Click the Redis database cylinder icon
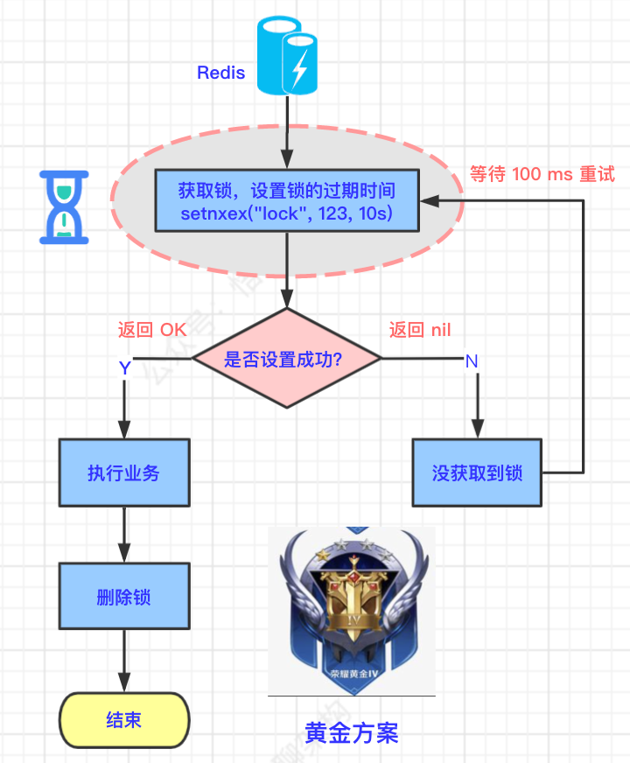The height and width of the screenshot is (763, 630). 287,57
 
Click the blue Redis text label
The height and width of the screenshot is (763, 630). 220,73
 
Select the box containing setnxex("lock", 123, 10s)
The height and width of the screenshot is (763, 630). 286,200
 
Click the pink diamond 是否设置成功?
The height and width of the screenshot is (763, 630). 287,358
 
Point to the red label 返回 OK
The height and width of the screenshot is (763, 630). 152,330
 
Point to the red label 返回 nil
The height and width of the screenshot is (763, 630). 420,330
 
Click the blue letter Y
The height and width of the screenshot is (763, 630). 125,368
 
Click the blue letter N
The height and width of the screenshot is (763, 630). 472,360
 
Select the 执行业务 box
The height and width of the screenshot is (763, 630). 124,472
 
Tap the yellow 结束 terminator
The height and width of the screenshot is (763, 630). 124,720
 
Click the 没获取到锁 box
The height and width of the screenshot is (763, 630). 477,472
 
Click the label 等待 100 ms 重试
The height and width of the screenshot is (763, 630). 542,173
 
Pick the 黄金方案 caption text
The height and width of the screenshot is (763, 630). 352,732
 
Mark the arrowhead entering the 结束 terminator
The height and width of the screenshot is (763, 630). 124,685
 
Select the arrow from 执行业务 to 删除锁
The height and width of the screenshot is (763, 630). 124,534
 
